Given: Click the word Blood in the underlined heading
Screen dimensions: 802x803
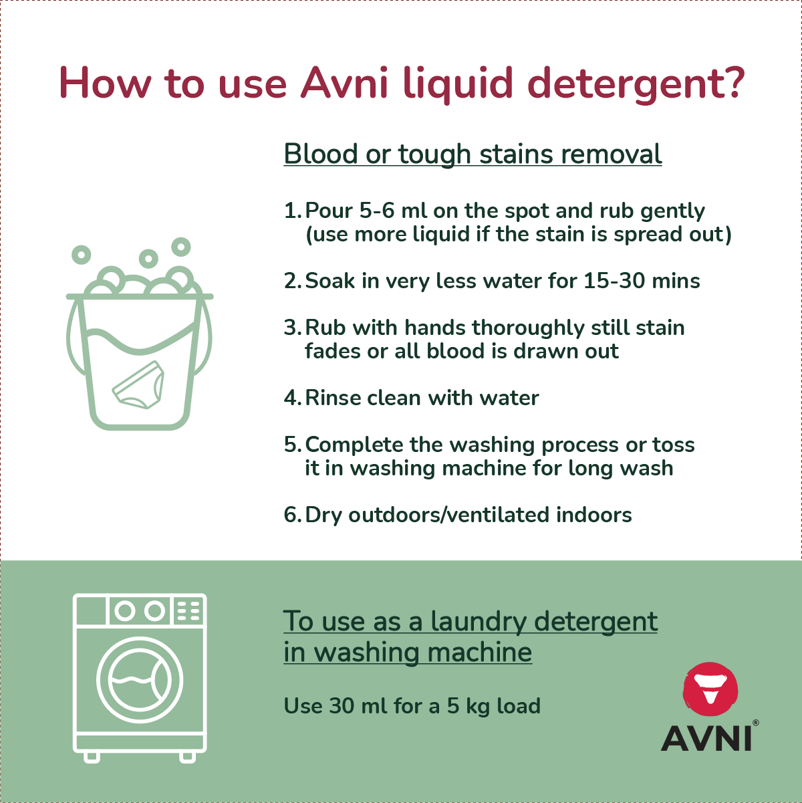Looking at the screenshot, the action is pos(321,154).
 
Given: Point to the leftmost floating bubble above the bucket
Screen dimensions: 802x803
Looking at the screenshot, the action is pos(82,255).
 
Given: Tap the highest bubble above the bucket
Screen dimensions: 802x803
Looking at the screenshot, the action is pos(181,247).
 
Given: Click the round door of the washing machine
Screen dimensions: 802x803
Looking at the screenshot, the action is pos(140,680).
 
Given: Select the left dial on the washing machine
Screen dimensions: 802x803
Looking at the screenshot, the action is pos(124,611).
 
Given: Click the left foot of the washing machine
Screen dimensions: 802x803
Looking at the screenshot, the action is pos(92,756).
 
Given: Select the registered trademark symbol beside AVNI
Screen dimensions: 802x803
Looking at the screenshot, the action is pos(756,723).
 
